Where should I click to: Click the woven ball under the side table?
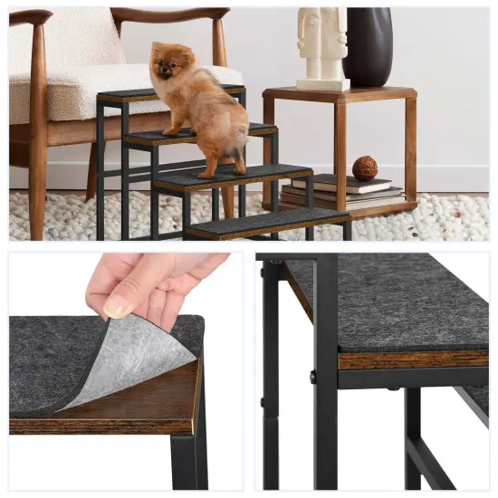[365, 168]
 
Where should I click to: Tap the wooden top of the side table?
[340, 93]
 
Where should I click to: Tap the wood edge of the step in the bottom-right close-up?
[412, 360]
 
